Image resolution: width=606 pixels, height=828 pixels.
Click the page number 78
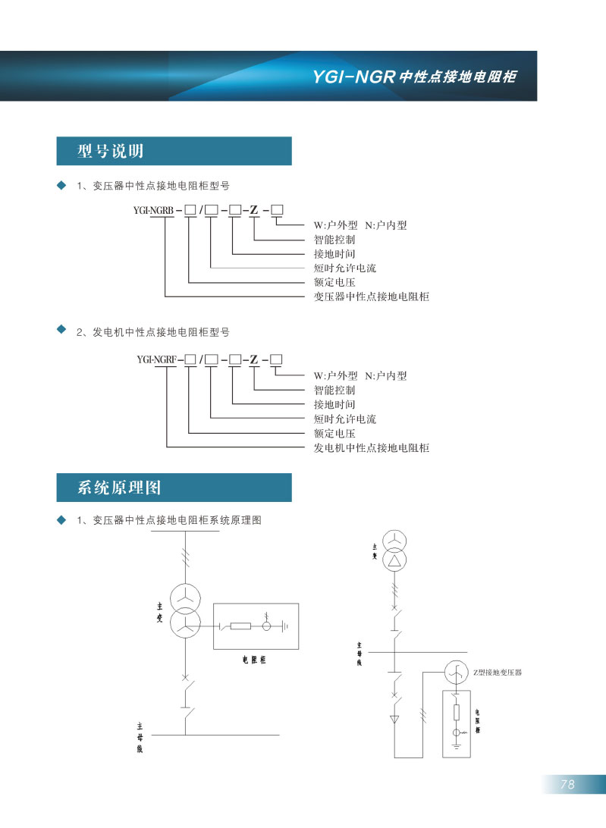click(x=568, y=785)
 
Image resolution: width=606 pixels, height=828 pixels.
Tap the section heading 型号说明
click(x=111, y=151)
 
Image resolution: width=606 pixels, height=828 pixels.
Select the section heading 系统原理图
click(x=119, y=487)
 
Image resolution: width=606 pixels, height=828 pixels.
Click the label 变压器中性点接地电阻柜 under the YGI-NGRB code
click(x=372, y=296)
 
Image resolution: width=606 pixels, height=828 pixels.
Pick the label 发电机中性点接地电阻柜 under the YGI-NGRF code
click(x=372, y=447)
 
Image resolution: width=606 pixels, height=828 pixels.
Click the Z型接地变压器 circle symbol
click(x=456, y=673)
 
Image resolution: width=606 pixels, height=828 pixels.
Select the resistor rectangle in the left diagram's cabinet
click(x=240, y=626)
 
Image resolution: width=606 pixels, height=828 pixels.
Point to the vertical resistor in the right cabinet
click(x=456, y=712)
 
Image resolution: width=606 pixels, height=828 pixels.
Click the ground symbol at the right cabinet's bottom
click(x=456, y=746)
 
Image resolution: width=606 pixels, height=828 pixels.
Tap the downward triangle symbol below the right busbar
click(x=394, y=718)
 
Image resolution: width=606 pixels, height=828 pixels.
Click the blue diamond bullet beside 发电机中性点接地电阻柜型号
click(x=61, y=330)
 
